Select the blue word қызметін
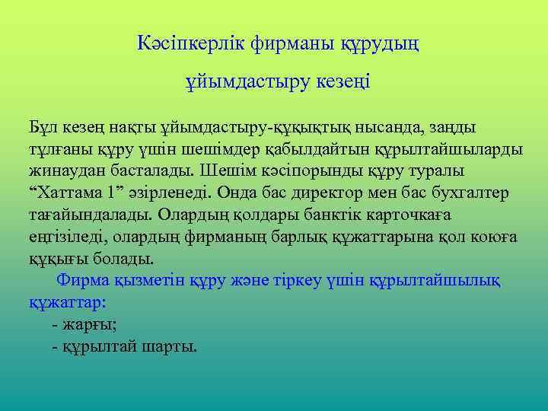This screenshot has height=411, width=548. coord(145,280)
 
